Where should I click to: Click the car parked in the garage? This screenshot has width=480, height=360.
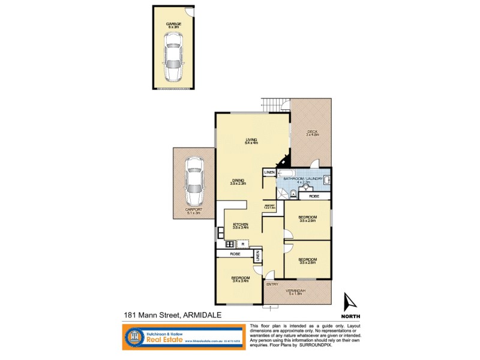click(x=173, y=56)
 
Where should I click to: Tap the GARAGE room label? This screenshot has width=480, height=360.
click(x=174, y=23)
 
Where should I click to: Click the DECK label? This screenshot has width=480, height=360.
click(x=312, y=132)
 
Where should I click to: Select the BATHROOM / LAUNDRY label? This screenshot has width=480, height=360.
click(x=304, y=178)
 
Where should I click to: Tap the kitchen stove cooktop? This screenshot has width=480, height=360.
click(x=229, y=244)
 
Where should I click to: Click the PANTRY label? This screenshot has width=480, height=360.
click(x=269, y=206)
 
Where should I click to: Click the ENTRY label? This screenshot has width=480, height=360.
click(x=272, y=284)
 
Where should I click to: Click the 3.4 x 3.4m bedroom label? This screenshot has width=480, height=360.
click(x=240, y=278)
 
